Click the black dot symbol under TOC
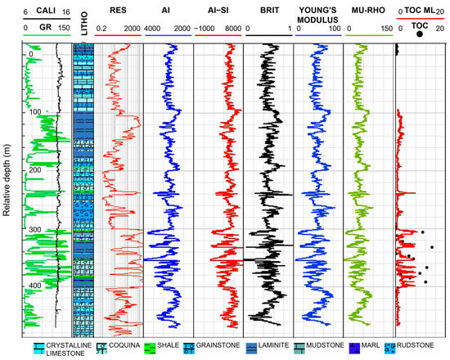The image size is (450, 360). [420, 34]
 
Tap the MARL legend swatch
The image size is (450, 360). [353, 347]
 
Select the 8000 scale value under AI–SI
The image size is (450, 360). [233, 27]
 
